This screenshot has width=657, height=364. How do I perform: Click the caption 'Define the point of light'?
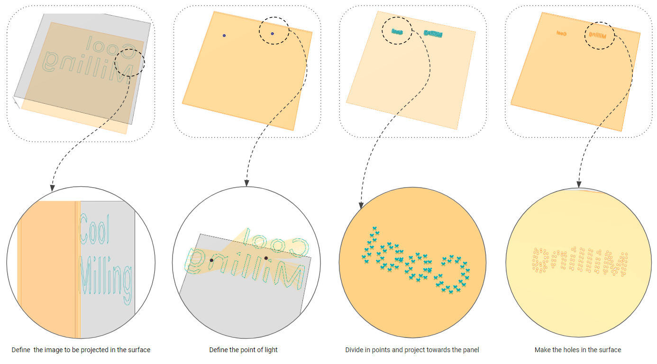pyautogui.click(x=243, y=350)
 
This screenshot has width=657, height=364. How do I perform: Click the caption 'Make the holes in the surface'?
pyautogui.click(x=577, y=350)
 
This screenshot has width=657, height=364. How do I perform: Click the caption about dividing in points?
pyautogui.click(x=412, y=350)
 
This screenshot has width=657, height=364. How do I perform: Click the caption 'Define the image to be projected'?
pyautogui.click(x=81, y=350)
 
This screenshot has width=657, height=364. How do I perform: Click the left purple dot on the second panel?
pyautogui.click(x=224, y=36)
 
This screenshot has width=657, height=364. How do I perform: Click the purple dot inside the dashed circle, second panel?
pyautogui.click(x=273, y=34)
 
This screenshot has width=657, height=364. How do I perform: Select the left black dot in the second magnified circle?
pyautogui.click(x=211, y=260)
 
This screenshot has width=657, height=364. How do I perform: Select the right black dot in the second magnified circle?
pyautogui.click(x=266, y=258)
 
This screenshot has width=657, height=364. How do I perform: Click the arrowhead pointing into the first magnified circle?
pyautogui.click(x=52, y=188)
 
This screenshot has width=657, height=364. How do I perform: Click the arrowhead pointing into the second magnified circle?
pyautogui.click(x=246, y=182)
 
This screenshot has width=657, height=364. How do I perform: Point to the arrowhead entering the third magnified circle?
pyautogui.click(x=361, y=205)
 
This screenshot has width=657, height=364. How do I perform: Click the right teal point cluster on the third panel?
pyautogui.click(x=433, y=34)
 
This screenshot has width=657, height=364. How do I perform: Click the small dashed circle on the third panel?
pyautogui.click(x=397, y=31)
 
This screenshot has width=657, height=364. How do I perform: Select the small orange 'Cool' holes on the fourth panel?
pyautogui.click(x=562, y=34)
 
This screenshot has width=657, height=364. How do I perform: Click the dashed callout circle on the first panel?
pyautogui.click(x=130, y=62)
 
